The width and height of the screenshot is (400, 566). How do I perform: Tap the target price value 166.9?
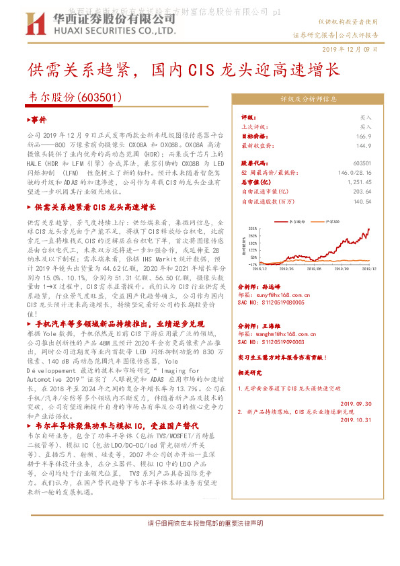point(364,136)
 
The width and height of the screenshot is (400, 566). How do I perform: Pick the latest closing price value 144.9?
point(364,145)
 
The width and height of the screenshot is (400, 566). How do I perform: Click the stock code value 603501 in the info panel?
point(362,163)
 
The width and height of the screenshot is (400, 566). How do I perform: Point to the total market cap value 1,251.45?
point(359,182)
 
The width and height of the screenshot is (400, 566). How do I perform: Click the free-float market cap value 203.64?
point(362,192)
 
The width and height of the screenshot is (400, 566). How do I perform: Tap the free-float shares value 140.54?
point(362,201)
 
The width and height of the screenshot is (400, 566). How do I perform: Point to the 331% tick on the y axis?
point(252,229)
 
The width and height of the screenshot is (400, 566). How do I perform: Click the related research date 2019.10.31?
point(356,419)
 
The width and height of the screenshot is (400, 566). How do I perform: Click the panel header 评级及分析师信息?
point(309,99)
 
